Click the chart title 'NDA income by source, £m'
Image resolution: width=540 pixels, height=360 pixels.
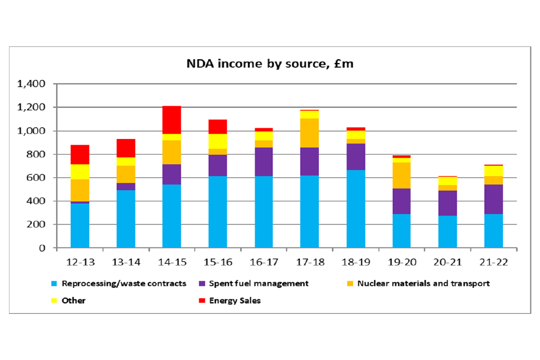pyautogui.click(x=270, y=64)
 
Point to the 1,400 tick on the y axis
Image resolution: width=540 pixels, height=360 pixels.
pyautogui.click(x=31, y=84)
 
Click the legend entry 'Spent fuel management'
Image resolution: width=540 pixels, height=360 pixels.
pyautogui.click(x=258, y=283)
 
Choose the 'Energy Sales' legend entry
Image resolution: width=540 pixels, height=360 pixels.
pyautogui.click(x=235, y=301)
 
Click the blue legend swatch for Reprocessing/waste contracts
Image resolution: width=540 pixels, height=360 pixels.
pyautogui.click(x=54, y=283)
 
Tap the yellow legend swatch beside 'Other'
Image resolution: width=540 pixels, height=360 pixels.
pyautogui.click(x=54, y=301)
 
